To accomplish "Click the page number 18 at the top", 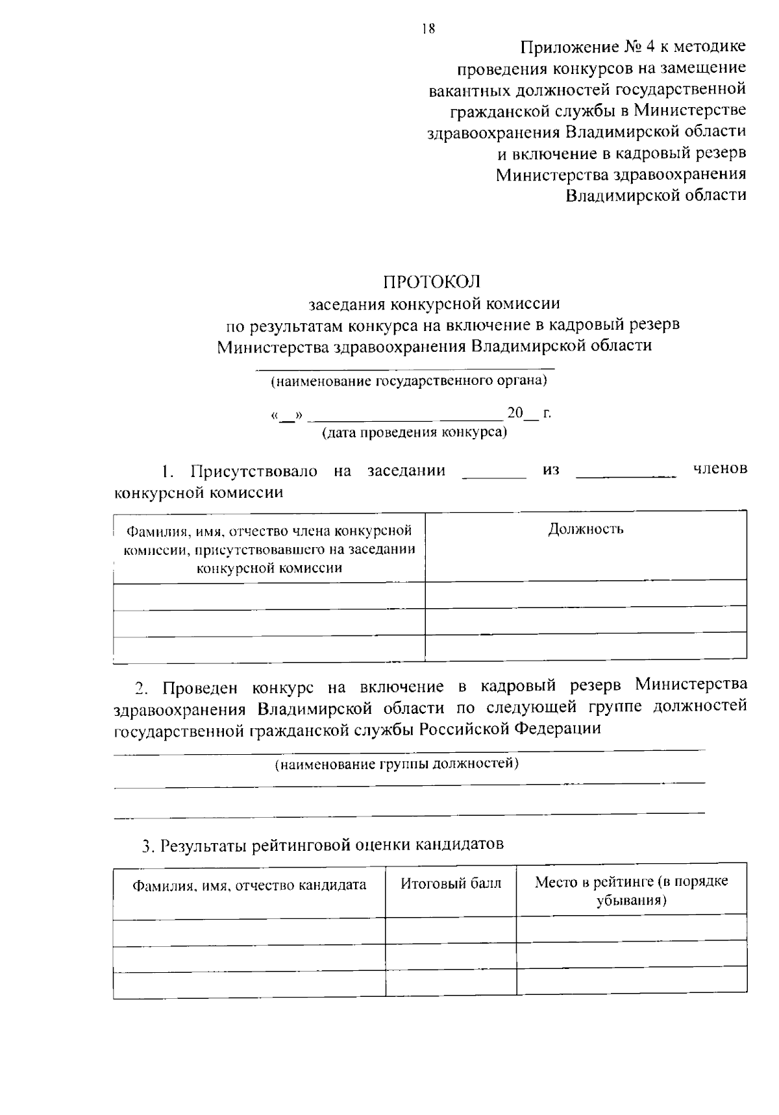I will tap(427, 29).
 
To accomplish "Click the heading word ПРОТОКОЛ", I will tap(431, 282).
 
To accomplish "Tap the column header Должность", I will tap(586, 529).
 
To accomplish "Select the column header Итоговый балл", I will tap(451, 883).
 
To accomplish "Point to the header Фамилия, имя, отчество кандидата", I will tap(249, 885).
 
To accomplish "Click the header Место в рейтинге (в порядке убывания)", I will tap(631, 890).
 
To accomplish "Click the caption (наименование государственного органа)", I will tap(408, 381).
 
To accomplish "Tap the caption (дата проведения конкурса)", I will tap(415, 432).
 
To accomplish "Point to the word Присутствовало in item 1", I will tap(253, 471).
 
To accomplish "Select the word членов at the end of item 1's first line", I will tap(720, 469).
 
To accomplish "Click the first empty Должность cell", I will tap(586, 594).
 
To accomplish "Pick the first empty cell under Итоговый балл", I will tap(451, 932).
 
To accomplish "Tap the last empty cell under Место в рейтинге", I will tap(631, 981).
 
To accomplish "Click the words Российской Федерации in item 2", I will tap(510, 728).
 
